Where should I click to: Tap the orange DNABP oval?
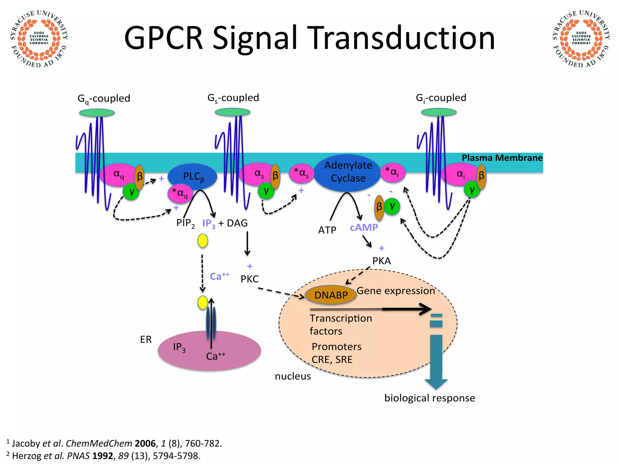[331, 295]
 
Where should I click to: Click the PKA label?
[381, 261]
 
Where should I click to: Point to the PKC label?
[249, 279]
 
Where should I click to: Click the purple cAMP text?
[364, 227]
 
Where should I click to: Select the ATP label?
[327, 230]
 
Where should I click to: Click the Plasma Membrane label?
[502, 158]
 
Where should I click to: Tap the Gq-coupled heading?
[104, 98]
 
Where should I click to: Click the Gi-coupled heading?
[441, 98]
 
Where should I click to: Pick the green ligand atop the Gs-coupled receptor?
[232, 112]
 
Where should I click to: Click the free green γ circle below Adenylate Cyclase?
[392, 207]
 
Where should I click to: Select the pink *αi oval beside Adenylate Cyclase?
[393, 173]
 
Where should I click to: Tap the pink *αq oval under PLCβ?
[180, 193]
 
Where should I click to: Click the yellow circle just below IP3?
[203, 241]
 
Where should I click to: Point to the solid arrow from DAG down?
[247, 243]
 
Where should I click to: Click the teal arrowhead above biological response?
[436, 384]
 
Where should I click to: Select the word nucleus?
[293, 376]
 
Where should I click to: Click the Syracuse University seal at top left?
[39, 39]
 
